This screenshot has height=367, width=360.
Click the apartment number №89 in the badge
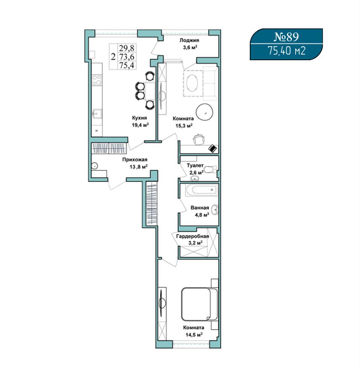coord(286,37)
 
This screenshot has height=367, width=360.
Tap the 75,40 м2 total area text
coord(286,51)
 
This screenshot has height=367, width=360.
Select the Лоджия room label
coord(189,40)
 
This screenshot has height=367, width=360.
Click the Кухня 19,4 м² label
coord(140,122)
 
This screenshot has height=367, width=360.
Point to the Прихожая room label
coord(135,160)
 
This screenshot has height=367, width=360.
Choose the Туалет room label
coord(195,165)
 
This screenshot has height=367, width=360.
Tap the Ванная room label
coord(200,207)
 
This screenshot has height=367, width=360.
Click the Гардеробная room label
coord(193,236)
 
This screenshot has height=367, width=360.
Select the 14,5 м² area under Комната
coord(194,335)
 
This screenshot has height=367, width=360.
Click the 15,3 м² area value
coord(184,126)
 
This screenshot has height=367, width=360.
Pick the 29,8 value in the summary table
coord(127,48)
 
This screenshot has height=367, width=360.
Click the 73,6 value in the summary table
coord(127,57)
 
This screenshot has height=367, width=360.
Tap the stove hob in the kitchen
coord(97,80)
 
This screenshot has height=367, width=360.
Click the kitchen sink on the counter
coord(97,113)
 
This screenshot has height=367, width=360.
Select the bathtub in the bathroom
coord(201,190)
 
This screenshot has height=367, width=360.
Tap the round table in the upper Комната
coord(204,112)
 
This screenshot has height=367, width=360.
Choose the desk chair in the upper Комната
coord(199,139)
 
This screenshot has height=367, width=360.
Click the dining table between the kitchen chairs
coord(150,91)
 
